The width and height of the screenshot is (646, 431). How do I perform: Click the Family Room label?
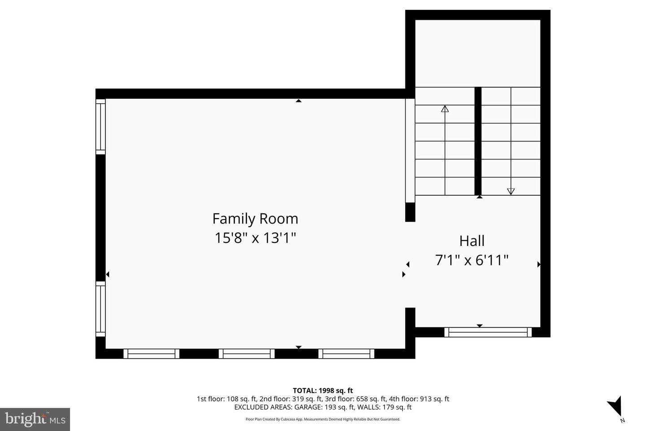click(x=255, y=219)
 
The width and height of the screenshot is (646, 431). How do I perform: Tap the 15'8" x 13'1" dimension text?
click(x=255, y=238)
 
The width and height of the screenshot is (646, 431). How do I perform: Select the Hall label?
click(x=472, y=241)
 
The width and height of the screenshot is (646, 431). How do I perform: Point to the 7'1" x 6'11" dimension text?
click(x=471, y=260)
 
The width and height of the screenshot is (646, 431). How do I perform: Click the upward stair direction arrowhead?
click(x=445, y=109)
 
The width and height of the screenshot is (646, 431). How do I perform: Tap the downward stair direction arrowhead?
click(x=511, y=191)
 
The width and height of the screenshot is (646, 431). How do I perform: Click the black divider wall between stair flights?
click(x=478, y=141)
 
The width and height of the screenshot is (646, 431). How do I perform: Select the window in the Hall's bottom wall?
click(x=488, y=332)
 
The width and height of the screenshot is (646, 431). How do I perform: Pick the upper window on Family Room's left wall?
click(x=100, y=127)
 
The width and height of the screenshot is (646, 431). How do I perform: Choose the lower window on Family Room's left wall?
click(x=100, y=309)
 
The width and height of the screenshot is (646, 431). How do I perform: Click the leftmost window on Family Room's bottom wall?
click(x=152, y=354)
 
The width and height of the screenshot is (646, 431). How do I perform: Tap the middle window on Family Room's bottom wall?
click(x=247, y=354)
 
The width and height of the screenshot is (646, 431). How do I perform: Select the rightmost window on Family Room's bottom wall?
click(x=346, y=354)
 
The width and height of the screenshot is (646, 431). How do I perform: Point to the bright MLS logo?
click(x=35, y=419)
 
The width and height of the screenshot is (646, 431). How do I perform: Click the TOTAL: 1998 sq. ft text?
click(x=323, y=391)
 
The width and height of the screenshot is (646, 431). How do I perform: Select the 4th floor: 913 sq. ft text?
click(x=419, y=399)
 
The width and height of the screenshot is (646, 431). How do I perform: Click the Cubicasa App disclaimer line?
click(x=323, y=419)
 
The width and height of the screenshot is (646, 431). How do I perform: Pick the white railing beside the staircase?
click(x=410, y=151)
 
